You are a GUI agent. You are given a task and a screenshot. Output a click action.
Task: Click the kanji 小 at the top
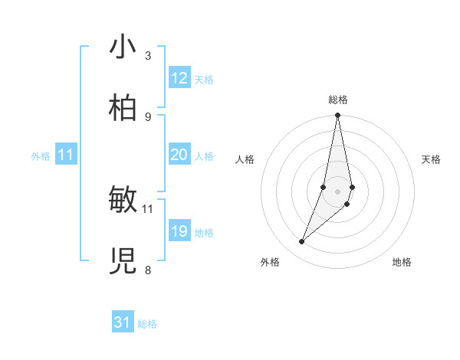[123, 47]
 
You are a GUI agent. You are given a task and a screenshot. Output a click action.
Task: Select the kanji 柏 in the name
[123, 109]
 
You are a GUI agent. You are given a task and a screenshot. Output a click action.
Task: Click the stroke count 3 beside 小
[147, 55]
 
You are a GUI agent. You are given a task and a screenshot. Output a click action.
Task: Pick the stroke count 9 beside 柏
[147, 116]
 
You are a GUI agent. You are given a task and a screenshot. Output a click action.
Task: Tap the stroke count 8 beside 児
[147, 270]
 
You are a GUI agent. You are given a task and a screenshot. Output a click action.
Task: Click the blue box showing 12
[179, 78]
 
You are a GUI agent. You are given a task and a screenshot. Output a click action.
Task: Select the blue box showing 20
[179, 155]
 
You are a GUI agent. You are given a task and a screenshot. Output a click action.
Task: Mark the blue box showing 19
[179, 231]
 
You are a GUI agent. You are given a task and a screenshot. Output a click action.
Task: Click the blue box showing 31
[123, 322]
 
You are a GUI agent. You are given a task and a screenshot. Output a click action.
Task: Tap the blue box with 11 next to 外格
[66, 155]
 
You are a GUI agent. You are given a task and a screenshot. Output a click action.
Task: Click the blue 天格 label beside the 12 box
[204, 80]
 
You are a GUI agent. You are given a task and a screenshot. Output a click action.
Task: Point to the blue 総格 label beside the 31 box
[147, 324]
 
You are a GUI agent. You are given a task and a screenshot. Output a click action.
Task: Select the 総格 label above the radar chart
[338, 100]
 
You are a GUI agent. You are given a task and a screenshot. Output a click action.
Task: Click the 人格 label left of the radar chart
[245, 159]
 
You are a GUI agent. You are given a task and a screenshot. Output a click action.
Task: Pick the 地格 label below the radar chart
[402, 262]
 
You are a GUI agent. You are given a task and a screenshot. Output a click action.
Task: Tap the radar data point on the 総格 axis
[337, 116]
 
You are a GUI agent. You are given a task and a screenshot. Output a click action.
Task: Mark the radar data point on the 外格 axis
[301, 242]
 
